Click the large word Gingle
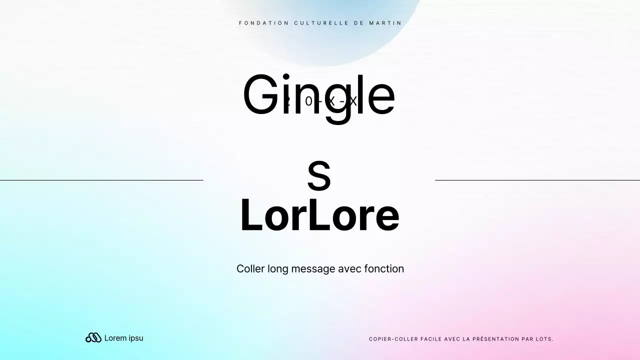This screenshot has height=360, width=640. tap(319, 95)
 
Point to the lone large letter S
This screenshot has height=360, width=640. tap(319, 176)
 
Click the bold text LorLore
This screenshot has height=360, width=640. tap(319, 215)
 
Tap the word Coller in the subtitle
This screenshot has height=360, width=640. tap(250, 269)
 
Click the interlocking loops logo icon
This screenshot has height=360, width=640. tap(93, 338)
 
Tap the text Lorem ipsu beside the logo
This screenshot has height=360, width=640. tap(123, 338)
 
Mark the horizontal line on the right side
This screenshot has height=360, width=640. tap(537, 180)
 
